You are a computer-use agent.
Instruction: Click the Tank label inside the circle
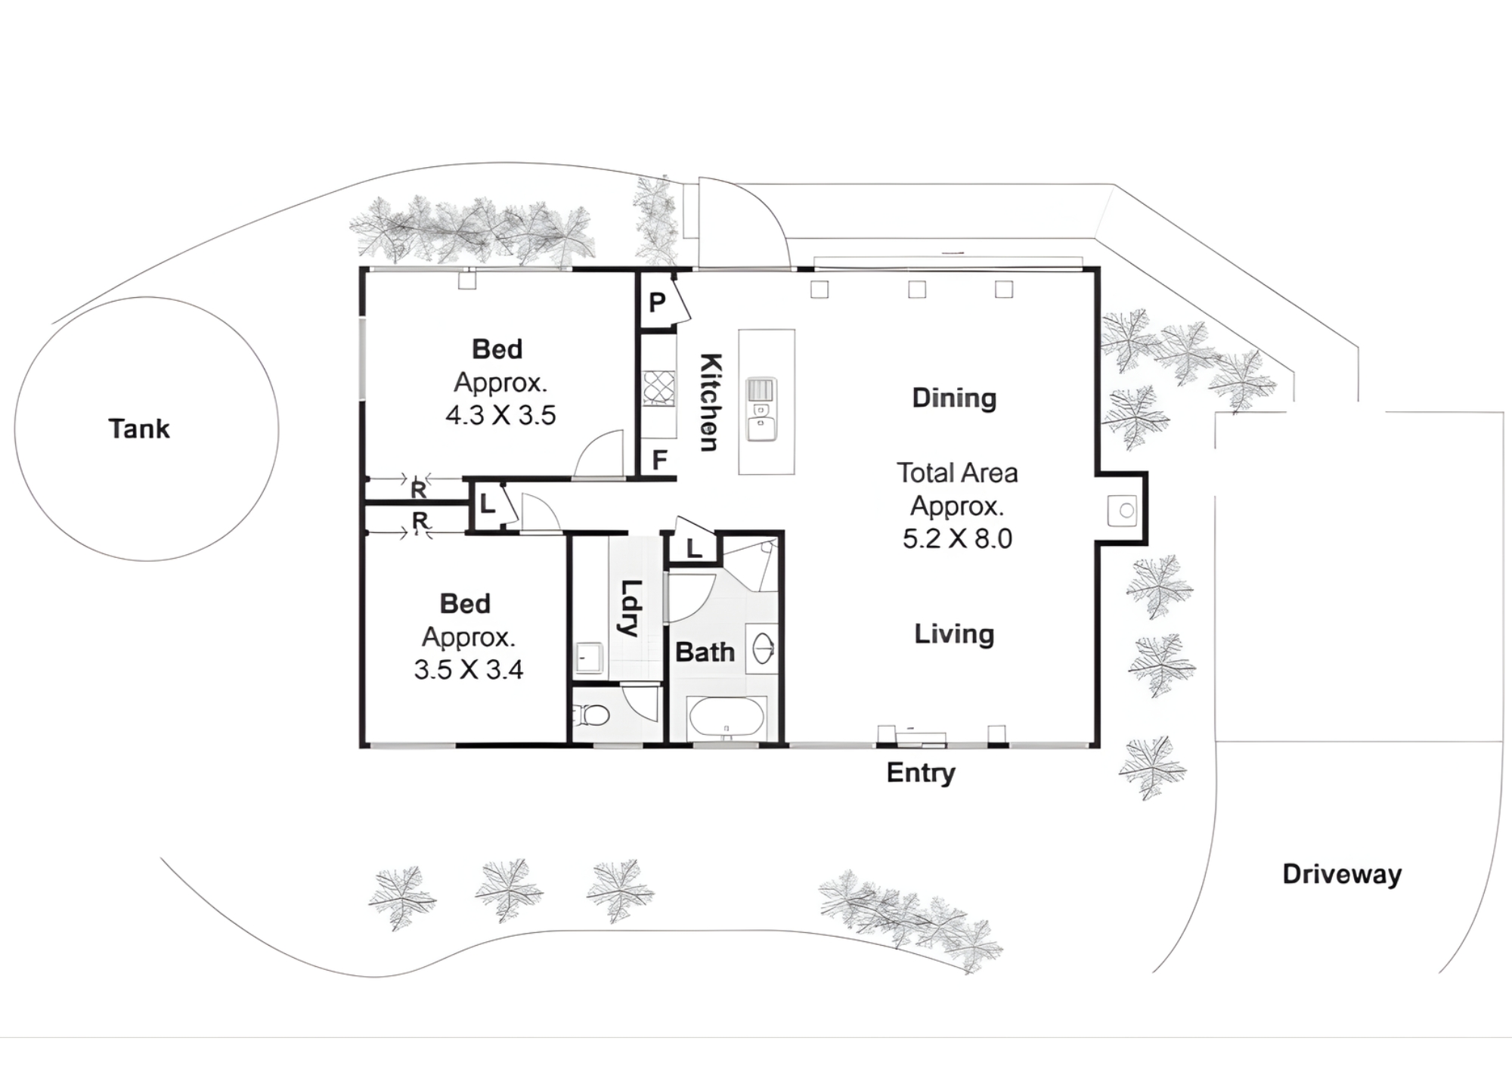[x=139, y=429]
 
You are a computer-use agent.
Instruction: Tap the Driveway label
[x=1342, y=874]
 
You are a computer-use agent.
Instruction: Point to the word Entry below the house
[x=921, y=773]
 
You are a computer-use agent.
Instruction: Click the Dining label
[x=954, y=398]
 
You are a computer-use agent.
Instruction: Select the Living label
[x=954, y=634]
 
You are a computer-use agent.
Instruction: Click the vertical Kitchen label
[x=709, y=402]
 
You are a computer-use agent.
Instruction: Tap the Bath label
[x=705, y=652]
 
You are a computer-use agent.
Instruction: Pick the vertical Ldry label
[x=630, y=608]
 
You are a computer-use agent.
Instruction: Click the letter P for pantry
[x=657, y=302]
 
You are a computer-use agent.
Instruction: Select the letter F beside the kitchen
[x=659, y=460]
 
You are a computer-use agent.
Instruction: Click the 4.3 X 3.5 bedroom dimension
[x=500, y=415]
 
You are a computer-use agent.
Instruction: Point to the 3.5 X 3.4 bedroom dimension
[x=468, y=670]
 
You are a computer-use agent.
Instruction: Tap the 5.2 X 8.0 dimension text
[x=957, y=538]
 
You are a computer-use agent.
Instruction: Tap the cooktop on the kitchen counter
[x=658, y=389]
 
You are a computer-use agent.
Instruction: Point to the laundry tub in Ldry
[x=588, y=657]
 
